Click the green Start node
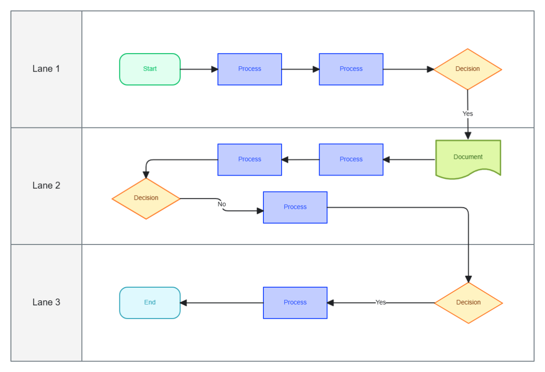[150, 69]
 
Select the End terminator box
[150, 303]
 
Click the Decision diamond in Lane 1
[467, 69]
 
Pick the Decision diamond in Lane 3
[468, 303]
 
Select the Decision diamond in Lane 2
[146, 198]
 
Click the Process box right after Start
[249, 69]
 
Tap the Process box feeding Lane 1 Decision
[351, 69]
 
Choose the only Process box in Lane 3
[295, 303]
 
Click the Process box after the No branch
[295, 207]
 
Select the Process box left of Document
[351, 159]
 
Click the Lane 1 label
[46, 69]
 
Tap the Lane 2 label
[46, 186]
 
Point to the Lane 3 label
[46, 302]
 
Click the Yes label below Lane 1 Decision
[468, 113]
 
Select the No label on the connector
[222, 204]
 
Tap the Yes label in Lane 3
[381, 302]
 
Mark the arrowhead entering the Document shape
[468, 136]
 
